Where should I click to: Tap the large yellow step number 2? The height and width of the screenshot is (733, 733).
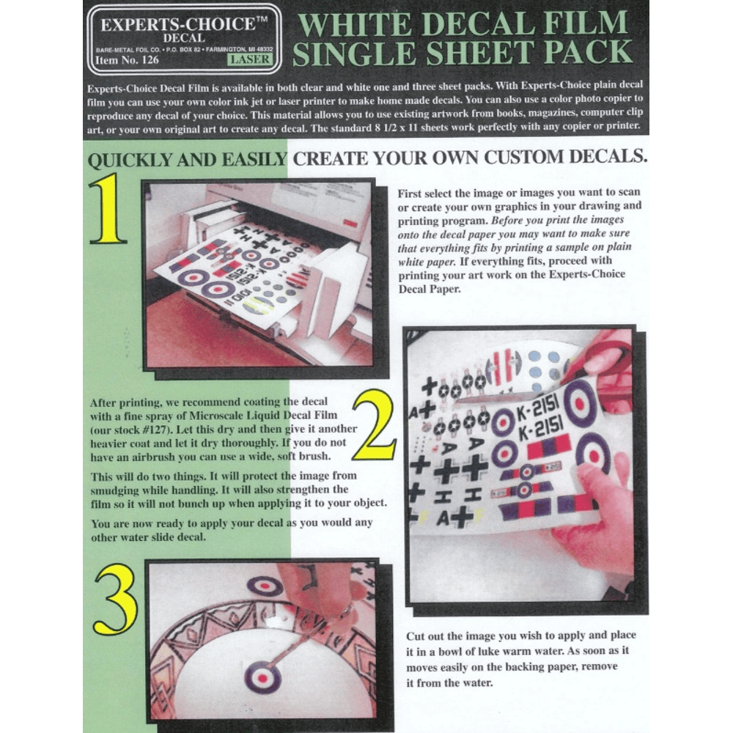tap(374, 424)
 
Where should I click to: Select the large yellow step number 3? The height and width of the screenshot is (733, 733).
tap(117, 600)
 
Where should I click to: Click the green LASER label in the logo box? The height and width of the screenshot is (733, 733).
tap(250, 59)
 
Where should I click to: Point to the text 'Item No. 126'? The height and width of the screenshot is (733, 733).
tap(127, 60)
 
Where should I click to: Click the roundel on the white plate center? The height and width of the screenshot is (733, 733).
tap(262, 677)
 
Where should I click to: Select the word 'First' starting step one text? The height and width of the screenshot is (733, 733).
tap(410, 194)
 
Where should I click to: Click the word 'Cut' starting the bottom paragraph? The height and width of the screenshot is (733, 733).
tap(415, 636)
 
